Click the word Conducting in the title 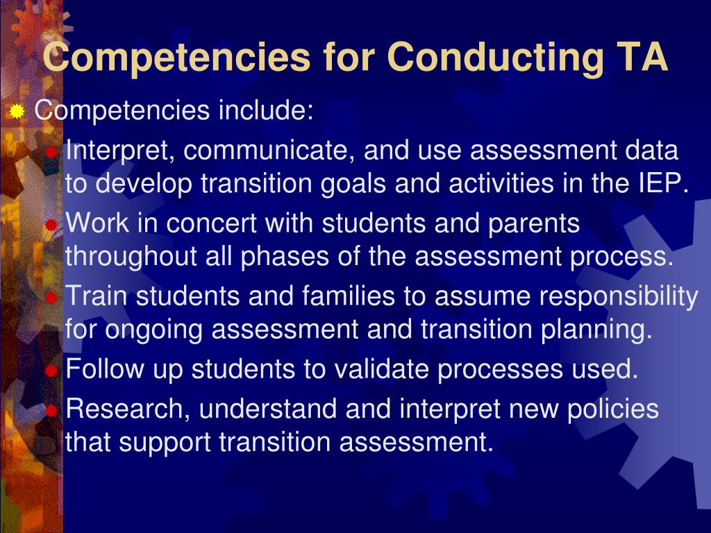pos(495,58)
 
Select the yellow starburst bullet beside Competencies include pos(17,111)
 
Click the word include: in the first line pos(266,110)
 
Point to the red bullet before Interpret pos(51,152)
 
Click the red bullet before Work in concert pos(51,224)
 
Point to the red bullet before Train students pos(51,297)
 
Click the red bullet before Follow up pos(51,371)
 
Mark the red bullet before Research pos(51,411)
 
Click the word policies pos(612,409)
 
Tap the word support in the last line pos(165,442)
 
